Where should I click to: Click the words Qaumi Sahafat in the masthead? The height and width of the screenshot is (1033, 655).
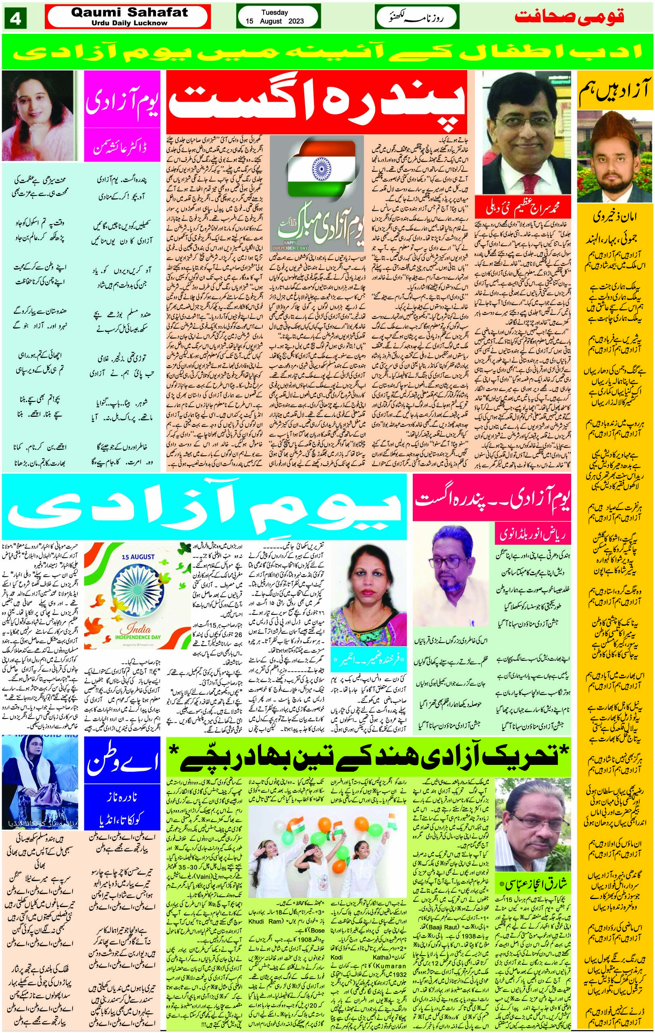[129, 12]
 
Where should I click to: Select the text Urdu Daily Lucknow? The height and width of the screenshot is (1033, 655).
[129, 23]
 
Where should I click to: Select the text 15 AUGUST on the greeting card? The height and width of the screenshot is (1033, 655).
[138, 557]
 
